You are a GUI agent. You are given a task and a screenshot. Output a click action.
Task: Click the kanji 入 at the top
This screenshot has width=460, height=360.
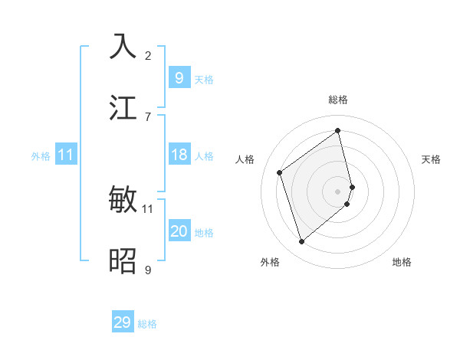click(x=123, y=46)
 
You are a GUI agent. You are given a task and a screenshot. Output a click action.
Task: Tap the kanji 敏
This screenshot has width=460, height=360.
click(x=123, y=200)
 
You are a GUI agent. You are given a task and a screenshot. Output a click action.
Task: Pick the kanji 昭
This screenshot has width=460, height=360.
click(x=123, y=260)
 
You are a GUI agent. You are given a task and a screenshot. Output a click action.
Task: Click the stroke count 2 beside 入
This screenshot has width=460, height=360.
click(x=148, y=55)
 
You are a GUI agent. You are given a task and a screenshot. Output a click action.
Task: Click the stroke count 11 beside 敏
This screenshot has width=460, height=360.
click(x=148, y=208)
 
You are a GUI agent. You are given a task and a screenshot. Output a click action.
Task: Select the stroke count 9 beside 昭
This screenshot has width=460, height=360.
click(x=148, y=270)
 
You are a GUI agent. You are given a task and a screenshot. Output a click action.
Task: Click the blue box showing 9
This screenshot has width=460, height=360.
click(x=179, y=78)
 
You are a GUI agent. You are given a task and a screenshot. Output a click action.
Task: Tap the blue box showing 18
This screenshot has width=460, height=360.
click(x=179, y=155)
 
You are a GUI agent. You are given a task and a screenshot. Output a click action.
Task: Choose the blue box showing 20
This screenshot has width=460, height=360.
click(x=179, y=231)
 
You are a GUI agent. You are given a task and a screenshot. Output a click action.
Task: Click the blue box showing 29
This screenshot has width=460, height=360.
click(x=123, y=322)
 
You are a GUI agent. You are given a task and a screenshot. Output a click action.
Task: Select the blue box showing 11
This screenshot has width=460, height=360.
click(x=66, y=155)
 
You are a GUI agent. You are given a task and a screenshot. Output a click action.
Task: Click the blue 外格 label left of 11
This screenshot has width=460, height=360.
click(x=41, y=156)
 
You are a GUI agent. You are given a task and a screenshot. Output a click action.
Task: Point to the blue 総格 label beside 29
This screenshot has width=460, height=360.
click(x=147, y=324)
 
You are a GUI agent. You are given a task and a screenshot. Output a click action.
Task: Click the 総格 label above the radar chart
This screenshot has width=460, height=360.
click(x=338, y=100)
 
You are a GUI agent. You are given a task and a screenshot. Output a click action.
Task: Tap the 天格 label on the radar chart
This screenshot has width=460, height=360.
click(x=432, y=159)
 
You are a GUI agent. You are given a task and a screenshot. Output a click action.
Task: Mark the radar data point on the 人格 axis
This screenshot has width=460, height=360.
click(x=280, y=172)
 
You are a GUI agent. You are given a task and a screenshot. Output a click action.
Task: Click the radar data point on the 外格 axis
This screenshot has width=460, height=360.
click(x=301, y=242)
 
